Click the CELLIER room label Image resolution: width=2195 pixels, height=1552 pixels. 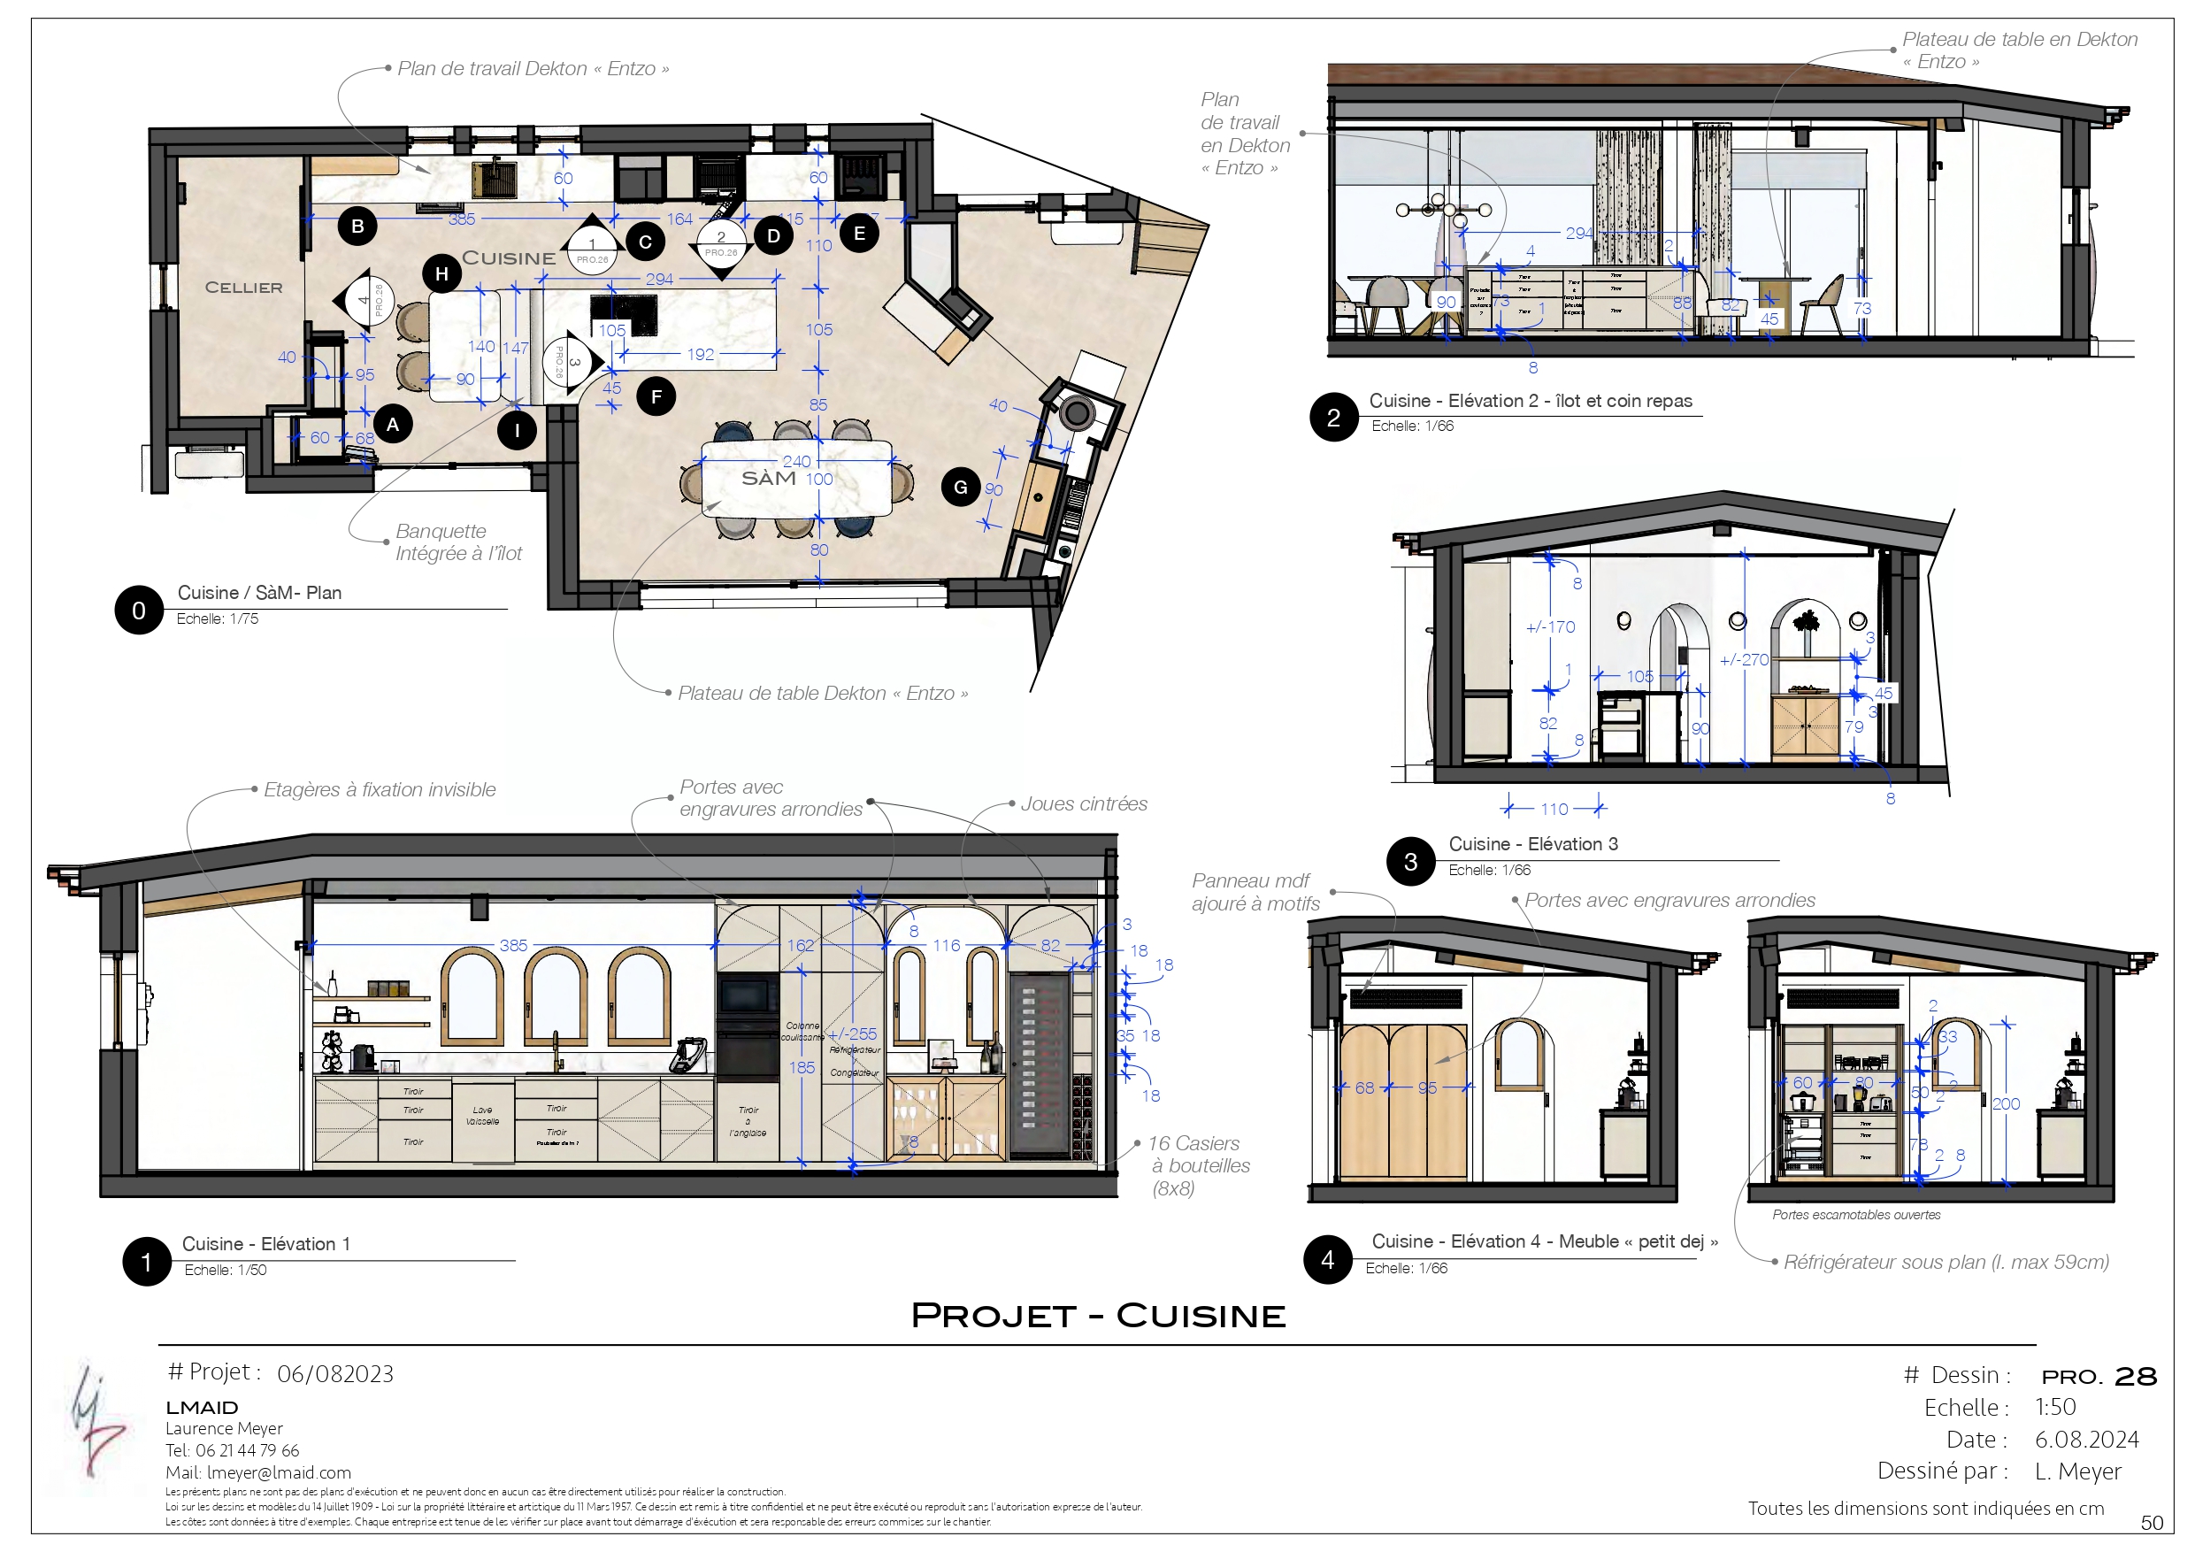tap(244, 288)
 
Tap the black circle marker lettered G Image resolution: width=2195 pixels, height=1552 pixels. tap(961, 487)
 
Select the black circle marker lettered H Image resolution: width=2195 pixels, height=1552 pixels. tap(441, 273)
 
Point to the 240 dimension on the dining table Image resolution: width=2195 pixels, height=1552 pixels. tap(796, 461)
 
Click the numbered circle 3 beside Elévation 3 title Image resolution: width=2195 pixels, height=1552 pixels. tap(1410, 862)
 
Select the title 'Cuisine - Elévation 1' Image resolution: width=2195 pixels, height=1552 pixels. tap(265, 1243)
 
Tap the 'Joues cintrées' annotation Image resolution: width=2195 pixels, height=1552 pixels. tap(1083, 804)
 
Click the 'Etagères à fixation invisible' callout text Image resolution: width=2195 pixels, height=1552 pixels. tap(380, 790)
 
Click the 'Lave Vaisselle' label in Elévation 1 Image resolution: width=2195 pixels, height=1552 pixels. tap(483, 1116)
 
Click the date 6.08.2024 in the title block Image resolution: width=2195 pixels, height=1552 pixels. tap(2086, 1439)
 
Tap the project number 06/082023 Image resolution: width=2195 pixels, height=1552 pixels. tap(334, 1374)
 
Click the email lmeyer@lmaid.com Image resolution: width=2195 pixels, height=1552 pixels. tap(280, 1472)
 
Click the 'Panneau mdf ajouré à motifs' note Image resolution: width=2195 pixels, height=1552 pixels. tap(1255, 892)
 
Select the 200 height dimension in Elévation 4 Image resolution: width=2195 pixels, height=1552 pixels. tap(2006, 1103)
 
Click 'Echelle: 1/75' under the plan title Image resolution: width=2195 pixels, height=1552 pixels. tap(217, 618)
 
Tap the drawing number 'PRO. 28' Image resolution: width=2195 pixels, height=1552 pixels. tap(2099, 1377)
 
